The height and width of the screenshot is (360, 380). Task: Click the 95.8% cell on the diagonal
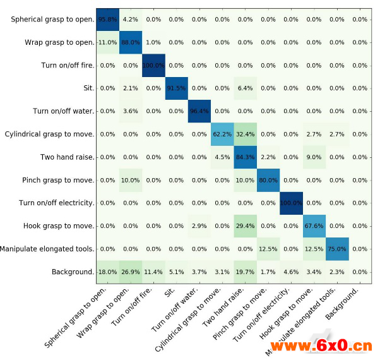[108, 20]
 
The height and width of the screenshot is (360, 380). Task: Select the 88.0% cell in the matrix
[131, 42]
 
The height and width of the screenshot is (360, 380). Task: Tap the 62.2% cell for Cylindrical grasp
[222, 134]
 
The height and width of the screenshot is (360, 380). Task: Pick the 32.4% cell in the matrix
[245, 134]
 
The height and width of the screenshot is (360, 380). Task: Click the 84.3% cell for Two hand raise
[245, 157]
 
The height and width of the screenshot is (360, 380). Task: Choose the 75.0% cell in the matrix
[336, 249]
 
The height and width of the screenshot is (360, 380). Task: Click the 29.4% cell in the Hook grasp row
[245, 225]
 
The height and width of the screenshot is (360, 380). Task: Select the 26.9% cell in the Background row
[131, 272]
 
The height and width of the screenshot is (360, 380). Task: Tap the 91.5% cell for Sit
[177, 88]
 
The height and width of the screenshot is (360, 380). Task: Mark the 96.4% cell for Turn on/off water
[199, 111]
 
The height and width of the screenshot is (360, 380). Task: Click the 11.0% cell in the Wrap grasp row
[108, 42]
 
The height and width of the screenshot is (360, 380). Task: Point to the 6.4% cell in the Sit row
[245, 88]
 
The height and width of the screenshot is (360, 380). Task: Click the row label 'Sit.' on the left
[86, 88]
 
